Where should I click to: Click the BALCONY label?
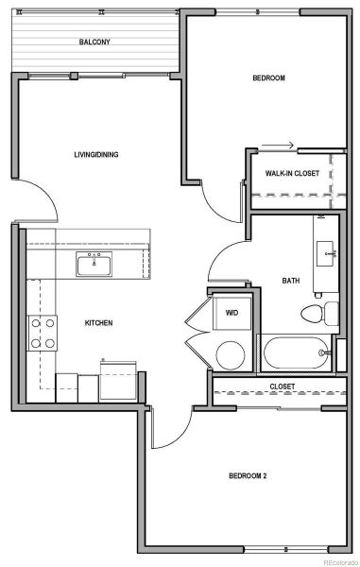click(94, 42)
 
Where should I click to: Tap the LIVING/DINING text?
click(96, 155)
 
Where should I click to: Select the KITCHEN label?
click(98, 323)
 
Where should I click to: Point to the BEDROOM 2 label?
click(248, 476)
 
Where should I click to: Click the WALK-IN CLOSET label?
click(292, 173)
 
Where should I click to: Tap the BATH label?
click(291, 281)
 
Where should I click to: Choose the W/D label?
click(231, 313)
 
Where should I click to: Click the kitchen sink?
click(94, 265)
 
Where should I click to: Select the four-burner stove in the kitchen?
click(43, 333)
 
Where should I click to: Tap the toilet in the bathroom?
click(319, 314)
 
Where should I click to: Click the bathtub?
click(296, 352)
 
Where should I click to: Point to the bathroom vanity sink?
click(325, 254)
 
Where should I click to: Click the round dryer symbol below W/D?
click(231, 355)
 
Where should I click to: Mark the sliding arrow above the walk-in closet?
click(277, 146)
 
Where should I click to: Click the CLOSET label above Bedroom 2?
click(283, 387)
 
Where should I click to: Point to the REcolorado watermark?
click(341, 562)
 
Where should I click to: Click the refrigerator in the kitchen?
click(118, 381)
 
